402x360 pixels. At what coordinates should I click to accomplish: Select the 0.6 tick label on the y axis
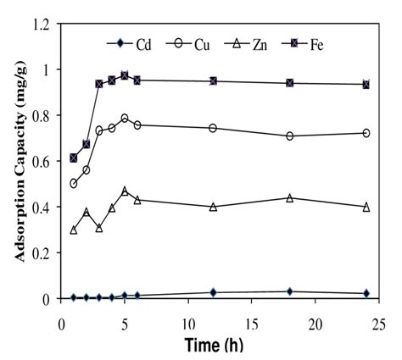[x=42, y=161]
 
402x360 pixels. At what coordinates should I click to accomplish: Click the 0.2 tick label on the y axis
[x=42, y=253]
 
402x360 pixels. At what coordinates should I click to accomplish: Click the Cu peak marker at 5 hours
[x=125, y=118]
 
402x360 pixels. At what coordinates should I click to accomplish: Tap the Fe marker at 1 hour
[x=74, y=158]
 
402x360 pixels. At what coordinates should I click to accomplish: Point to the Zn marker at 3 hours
[x=99, y=228]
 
